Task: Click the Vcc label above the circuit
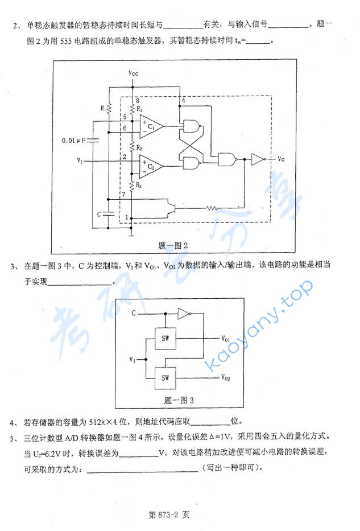pyautogui.click(x=133, y=74)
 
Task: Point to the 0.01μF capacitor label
pyautogui.click(x=75, y=139)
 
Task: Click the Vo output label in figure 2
pyautogui.click(x=281, y=159)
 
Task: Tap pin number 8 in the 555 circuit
pyautogui.click(x=136, y=100)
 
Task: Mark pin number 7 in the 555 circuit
pyautogui.click(x=123, y=195)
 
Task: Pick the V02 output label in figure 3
pyautogui.click(x=226, y=377)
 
